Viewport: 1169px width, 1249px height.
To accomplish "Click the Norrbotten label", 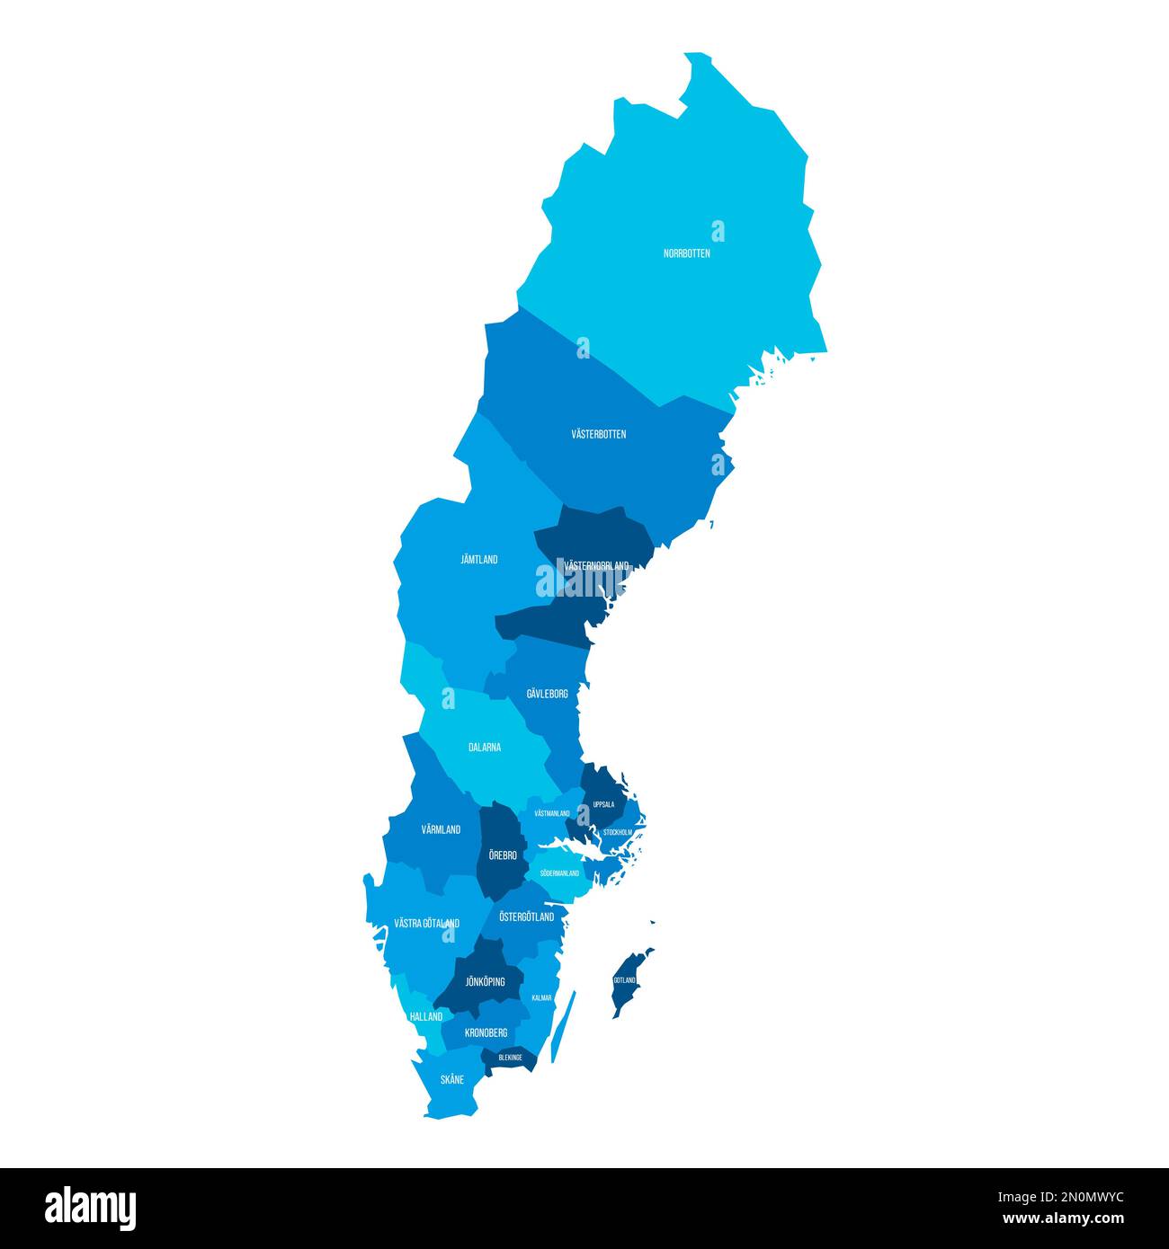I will pos(687,253).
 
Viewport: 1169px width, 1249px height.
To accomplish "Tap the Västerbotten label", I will pos(599,435).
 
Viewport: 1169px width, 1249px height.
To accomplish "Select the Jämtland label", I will pos(479,560).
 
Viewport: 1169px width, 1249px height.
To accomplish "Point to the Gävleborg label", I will pos(547,695).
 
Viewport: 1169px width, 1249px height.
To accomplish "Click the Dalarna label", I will pos(485,748).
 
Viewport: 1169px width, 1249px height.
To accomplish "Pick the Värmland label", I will pos(441,830).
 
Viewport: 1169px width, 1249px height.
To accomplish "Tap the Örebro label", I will pos(503,855).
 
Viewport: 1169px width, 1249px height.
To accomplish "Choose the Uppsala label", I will pos(603,805).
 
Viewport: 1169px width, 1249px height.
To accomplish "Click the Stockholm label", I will pos(618,833).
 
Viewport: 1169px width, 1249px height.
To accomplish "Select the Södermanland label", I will pos(559,873).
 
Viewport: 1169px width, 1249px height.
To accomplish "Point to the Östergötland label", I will pos(527,917).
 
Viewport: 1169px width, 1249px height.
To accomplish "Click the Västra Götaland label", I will pos(427,924).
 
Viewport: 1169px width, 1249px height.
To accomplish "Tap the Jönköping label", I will pos(485,982).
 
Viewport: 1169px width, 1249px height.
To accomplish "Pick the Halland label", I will pos(426,1017).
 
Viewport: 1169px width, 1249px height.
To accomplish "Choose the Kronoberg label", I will pos(486,1033).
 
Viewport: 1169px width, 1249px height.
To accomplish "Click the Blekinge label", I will pos(510,1058).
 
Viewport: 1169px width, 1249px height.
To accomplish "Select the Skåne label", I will pos(452,1080).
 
